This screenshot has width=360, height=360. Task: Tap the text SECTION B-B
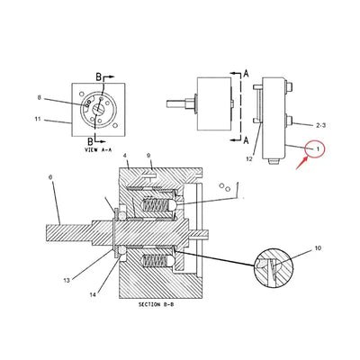coord(162,305)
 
